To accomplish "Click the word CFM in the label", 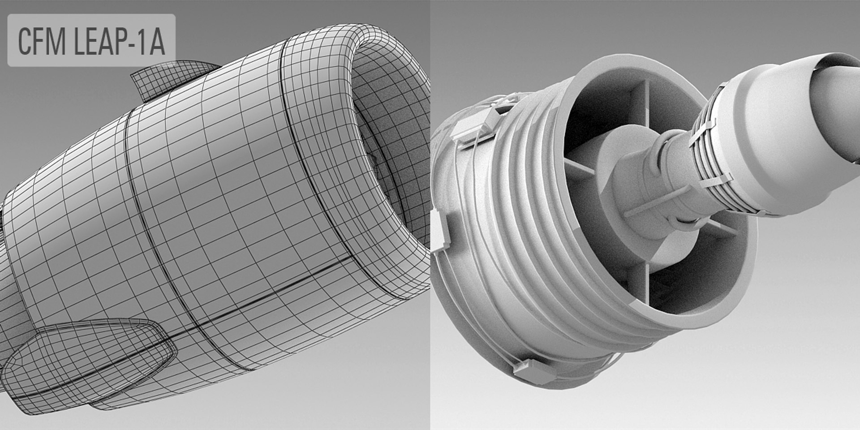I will pyautogui.click(x=40, y=41).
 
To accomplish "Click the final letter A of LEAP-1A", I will pyautogui.click(x=157, y=41).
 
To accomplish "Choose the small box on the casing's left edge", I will pyautogui.click(x=443, y=231).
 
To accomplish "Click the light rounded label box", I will pyautogui.click(x=91, y=40).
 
